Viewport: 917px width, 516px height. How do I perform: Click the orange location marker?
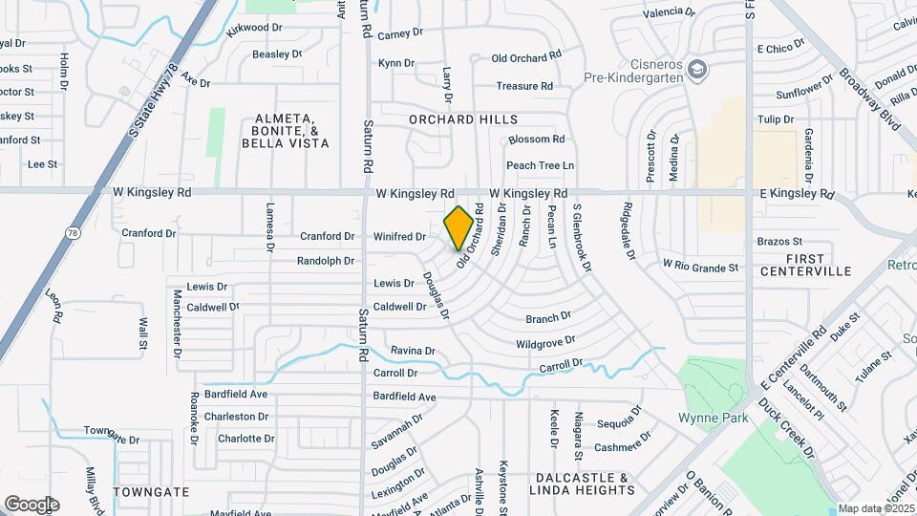click(458, 227)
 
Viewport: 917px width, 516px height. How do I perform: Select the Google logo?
click(32, 504)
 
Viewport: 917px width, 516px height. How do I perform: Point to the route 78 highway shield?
click(73, 232)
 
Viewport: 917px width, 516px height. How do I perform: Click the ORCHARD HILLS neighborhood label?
click(463, 119)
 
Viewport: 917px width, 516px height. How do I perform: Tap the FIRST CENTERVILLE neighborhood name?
click(805, 265)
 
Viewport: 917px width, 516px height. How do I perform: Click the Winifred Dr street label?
click(398, 236)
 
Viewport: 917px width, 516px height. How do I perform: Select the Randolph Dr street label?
click(325, 260)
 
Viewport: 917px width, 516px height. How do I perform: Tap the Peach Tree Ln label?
click(540, 165)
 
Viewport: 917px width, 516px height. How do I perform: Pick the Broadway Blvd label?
click(877, 105)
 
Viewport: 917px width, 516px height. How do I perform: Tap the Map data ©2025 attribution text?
click(876, 508)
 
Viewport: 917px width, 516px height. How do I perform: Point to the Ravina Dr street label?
click(413, 351)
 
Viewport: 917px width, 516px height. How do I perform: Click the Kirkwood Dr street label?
click(254, 29)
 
